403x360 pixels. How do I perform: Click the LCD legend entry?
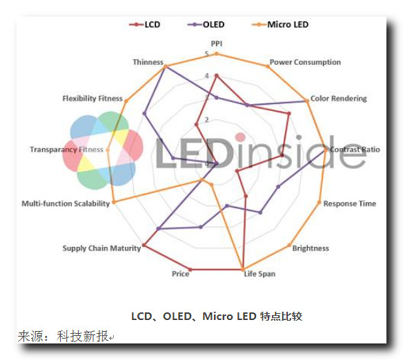pos(145,25)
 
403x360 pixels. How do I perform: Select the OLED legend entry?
pos(206,25)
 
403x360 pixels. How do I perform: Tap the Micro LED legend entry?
pos(280,25)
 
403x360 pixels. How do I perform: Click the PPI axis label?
pos(217,43)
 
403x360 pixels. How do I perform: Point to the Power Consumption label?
pos(305,62)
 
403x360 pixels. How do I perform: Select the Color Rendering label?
pos(339,99)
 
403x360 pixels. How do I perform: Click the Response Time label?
pos(350,203)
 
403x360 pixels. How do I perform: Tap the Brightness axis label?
pos(311,248)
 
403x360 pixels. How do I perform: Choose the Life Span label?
pos(259,274)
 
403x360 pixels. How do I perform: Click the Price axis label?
pos(180,274)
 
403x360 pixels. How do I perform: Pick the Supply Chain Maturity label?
pos(101,248)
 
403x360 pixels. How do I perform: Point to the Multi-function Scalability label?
pos(66,203)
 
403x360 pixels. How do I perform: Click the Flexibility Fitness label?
pos(92,99)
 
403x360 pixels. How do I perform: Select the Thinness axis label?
pos(148,62)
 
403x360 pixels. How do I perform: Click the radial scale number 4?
pos(207,76)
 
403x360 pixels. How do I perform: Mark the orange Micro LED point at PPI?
pos(217,54)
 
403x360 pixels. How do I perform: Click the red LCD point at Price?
pos(190,270)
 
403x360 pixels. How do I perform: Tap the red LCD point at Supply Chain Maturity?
pos(144,246)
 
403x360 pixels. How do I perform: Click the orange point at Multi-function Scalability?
pos(114,202)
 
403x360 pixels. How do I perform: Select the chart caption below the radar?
pos(217,316)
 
